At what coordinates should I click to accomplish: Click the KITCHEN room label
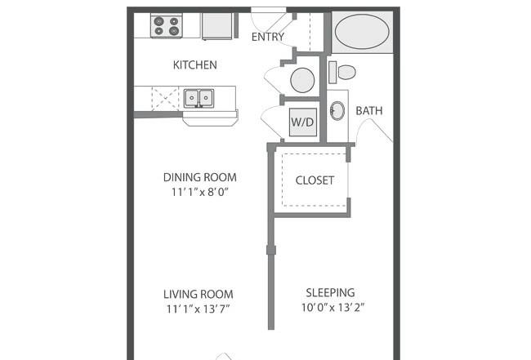pyautogui.click(x=194, y=64)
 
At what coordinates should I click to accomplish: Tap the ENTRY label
pyautogui.click(x=267, y=37)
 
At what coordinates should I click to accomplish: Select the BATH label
pyautogui.click(x=369, y=111)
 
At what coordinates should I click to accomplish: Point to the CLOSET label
pyautogui.click(x=315, y=180)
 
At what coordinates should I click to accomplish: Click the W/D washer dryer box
pyautogui.click(x=303, y=122)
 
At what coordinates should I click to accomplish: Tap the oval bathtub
pyautogui.click(x=362, y=32)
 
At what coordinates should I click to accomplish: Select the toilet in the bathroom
pyautogui.click(x=342, y=73)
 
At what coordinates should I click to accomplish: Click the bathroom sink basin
pyautogui.click(x=337, y=111)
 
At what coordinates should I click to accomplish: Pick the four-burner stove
pyautogui.click(x=167, y=26)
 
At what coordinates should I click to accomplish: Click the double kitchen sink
pyautogui.click(x=199, y=98)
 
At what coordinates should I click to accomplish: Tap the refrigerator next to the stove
pyautogui.click(x=217, y=26)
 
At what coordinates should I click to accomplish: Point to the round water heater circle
pyautogui.click(x=302, y=80)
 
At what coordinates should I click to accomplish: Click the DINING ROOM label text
pyautogui.click(x=200, y=177)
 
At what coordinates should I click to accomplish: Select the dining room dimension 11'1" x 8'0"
pyautogui.click(x=200, y=192)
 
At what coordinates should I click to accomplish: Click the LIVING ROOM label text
pyautogui.click(x=199, y=294)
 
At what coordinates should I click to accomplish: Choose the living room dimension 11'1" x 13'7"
pyautogui.click(x=199, y=309)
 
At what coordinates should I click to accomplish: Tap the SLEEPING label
pyautogui.click(x=330, y=292)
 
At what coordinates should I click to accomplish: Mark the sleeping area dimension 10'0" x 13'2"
pyautogui.click(x=333, y=307)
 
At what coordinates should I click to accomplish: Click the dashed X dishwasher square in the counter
pyautogui.click(x=165, y=99)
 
